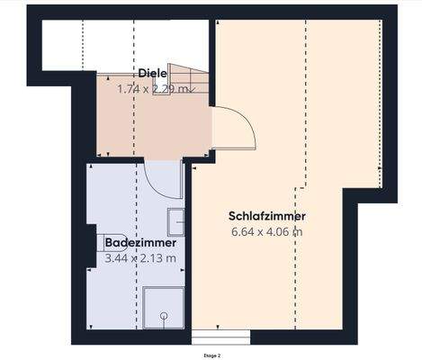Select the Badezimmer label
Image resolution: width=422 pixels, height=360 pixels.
click(x=139, y=243)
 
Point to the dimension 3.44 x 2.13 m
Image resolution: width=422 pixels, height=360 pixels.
click(x=139, y=258)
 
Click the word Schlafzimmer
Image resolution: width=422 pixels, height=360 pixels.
click(x=268, y=216)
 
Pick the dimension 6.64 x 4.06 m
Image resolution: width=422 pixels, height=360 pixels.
click(x=266, y=232)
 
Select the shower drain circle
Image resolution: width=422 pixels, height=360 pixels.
click(x=164, y=316)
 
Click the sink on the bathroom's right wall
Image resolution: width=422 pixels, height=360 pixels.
click(x=177, y=221)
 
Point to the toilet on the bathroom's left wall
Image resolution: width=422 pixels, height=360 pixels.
click(x=97, y=245)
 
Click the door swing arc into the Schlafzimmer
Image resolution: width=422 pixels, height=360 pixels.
click(x=236, y=129)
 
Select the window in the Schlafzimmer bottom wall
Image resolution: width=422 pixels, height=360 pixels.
click(x=221, y=336)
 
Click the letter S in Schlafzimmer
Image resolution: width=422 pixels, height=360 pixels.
click(x=234, y=216)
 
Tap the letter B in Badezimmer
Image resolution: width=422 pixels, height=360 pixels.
click(x=109, y=243)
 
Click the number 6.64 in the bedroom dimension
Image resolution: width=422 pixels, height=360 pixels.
click(x=243, y=232)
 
